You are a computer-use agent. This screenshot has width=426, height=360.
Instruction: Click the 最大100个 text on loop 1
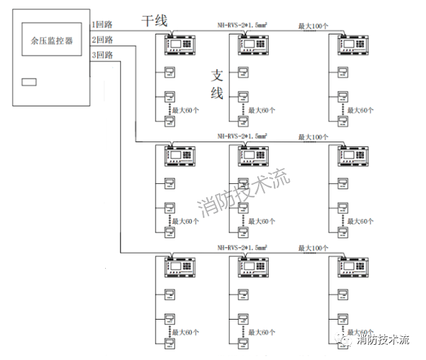314,26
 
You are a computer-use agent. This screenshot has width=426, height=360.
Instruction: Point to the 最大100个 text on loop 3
314,248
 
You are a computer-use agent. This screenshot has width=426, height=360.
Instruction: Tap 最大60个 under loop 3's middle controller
261,332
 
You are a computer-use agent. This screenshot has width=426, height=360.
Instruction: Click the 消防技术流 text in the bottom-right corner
383,340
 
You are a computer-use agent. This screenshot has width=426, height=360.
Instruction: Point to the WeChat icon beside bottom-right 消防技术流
345,340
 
